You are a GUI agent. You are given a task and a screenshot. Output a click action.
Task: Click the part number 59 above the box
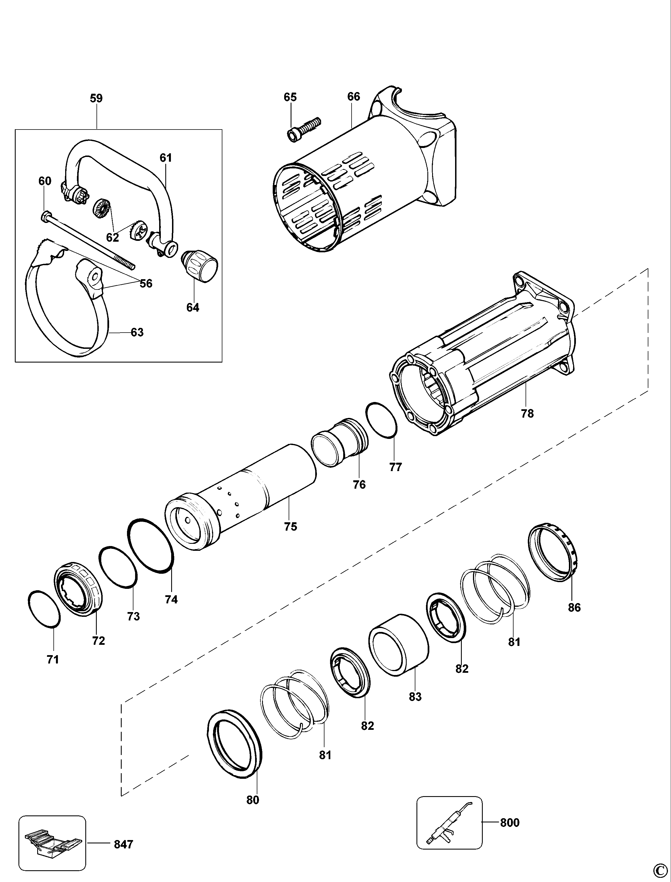pyautogui.click(x=96, y=98)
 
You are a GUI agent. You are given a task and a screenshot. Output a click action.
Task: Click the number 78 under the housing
pyautogui.click(x=527, y=413)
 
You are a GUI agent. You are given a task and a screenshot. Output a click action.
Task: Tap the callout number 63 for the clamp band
pyautogui.click(x=137, y=332)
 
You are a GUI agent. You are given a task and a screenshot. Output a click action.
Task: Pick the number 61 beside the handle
pyautogui.click(x=166, y=158)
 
